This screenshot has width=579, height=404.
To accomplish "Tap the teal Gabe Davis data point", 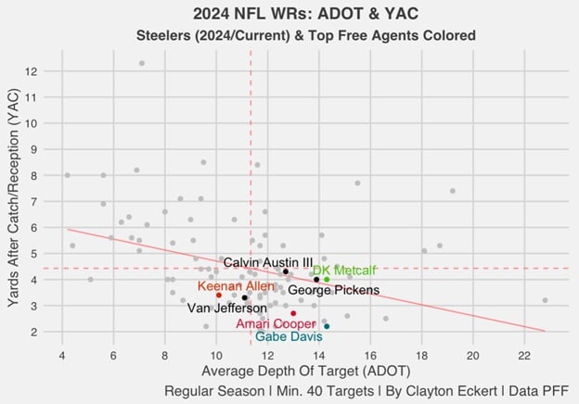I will click(327, 326).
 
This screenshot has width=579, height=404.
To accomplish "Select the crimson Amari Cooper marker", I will click(293, 313).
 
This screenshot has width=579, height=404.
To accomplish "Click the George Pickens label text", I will click(333, 290).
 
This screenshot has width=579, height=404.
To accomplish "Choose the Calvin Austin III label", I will click(268, 262).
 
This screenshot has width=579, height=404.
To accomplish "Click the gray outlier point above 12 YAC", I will click(142, 63).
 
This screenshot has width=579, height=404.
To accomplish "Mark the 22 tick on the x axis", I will click(525, 352).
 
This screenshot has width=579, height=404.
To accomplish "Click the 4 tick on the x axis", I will click(62, 352).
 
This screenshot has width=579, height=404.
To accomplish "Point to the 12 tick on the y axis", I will click(32, 71).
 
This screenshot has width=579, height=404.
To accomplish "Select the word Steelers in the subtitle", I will click(167, 35).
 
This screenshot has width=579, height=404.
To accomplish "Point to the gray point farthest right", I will click(545, 300).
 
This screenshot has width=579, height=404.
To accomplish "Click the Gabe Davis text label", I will click(289, 337).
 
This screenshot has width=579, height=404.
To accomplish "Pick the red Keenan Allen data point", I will click(219, 296).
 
